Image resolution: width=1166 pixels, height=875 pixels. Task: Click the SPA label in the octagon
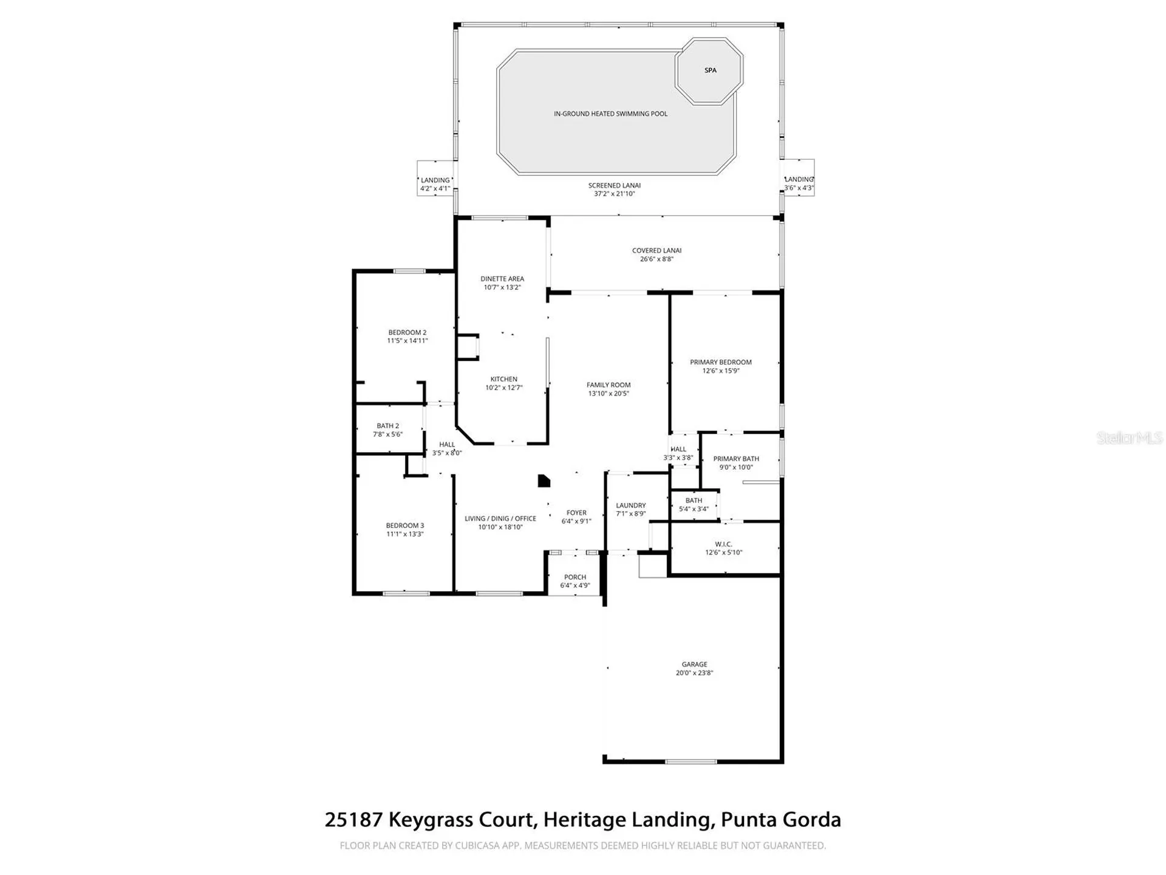(x=710, y=70)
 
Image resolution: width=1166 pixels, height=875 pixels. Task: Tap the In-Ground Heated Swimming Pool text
(x=610, y=114)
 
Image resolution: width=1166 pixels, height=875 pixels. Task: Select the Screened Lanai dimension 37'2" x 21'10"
(x=614, y=194)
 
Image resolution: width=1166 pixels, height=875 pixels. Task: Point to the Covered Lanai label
(x=656, y=250)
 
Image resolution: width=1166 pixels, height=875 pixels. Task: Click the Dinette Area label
(x=502, y=279)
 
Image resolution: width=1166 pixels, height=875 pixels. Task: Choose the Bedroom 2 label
(x=407, y=332)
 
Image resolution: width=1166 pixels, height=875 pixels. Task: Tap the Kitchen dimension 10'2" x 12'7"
(x=503, y=388)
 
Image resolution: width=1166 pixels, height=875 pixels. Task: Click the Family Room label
(x=608, y=385)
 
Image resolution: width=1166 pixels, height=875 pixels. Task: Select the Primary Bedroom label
(x=720, y=362)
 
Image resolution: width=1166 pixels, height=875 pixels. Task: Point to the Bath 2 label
(x=387, y=426)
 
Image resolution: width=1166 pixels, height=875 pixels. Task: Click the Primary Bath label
(x=735, y=459)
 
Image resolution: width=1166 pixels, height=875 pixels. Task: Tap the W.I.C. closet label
(x=723, y=544)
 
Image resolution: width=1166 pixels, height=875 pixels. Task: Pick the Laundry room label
(x=630, y=506)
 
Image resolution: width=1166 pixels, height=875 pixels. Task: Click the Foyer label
(x=576, y=513)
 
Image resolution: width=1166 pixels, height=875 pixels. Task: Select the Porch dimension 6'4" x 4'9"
(x=574, y=586)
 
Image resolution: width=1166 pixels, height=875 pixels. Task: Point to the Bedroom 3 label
(x=404, y=526)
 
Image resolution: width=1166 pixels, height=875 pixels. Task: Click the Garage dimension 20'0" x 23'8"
(x=694, y=673)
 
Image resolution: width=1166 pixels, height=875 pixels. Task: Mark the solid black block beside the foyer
(x=544, y=481)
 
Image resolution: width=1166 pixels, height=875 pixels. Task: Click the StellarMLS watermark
(x=1129, y=437)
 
